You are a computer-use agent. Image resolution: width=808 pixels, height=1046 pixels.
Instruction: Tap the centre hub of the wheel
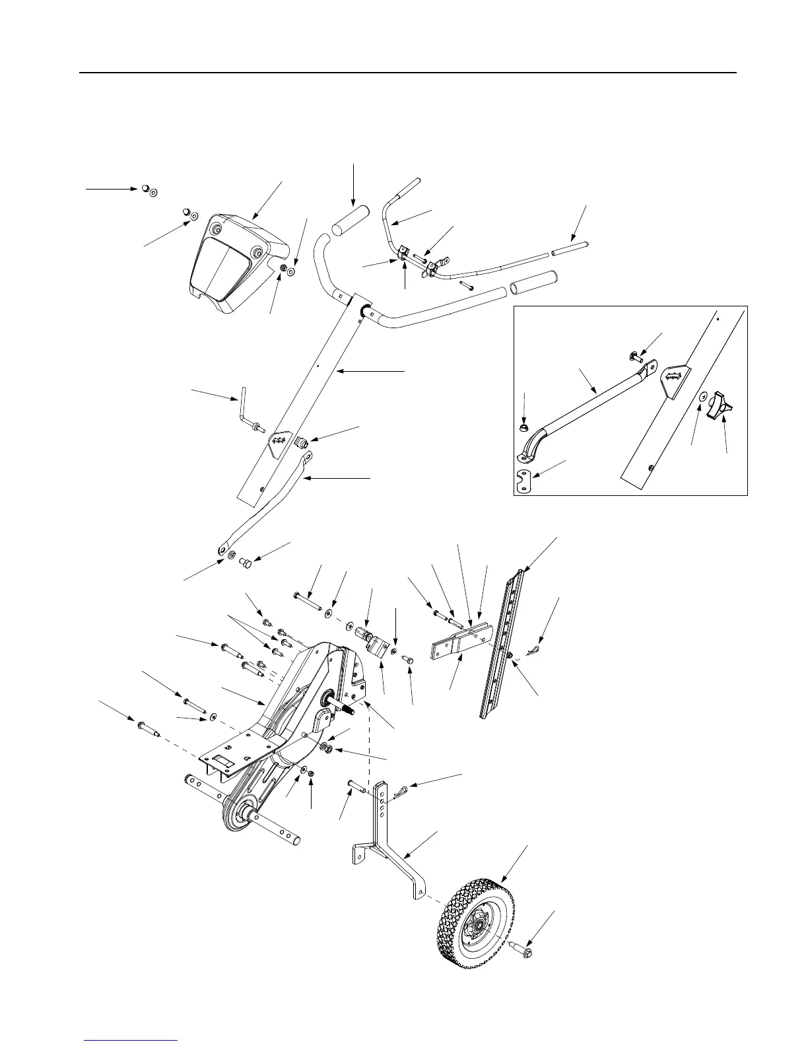477,928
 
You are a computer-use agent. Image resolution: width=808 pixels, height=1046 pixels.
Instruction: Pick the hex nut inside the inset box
523,428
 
